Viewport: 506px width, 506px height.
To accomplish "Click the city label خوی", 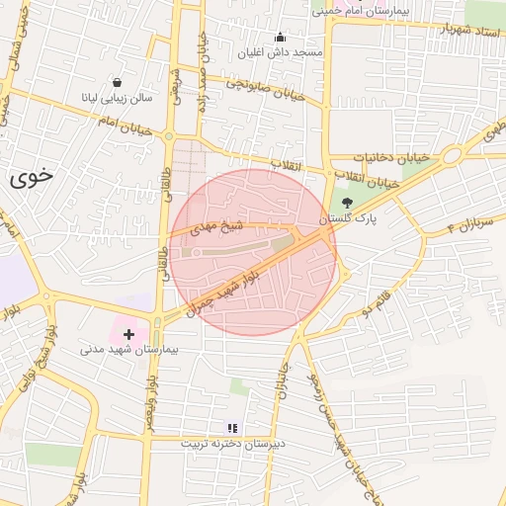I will pyautogui.click(x=30, y=179).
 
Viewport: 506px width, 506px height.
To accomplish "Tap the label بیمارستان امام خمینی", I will pyautogui.click(x=386, y=13).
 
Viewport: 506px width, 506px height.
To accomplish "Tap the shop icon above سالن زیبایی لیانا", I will pyautogui.click(x=118, y=82).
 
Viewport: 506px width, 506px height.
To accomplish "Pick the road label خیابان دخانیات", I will pyautogui.click(x=393, y=158).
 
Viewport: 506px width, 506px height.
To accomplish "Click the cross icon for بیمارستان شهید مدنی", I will pyautogui.click(x=128, y=335).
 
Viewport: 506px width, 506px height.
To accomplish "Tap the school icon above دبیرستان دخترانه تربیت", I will pyautogui.click(x=233, y=428).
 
